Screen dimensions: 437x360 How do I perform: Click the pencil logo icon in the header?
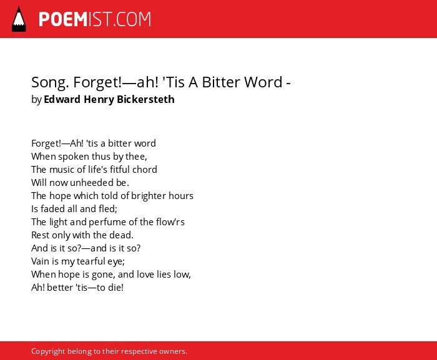(x=19, y=19)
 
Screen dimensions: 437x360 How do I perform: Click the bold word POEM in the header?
(x=63, y=19)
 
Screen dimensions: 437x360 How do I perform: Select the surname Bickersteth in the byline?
(x=145, y=99)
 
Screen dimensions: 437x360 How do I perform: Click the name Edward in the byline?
(x=62, y=99)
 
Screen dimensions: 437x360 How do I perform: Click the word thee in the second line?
(x=136, y=157)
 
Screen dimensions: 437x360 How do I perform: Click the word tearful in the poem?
(x=91, y=261)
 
